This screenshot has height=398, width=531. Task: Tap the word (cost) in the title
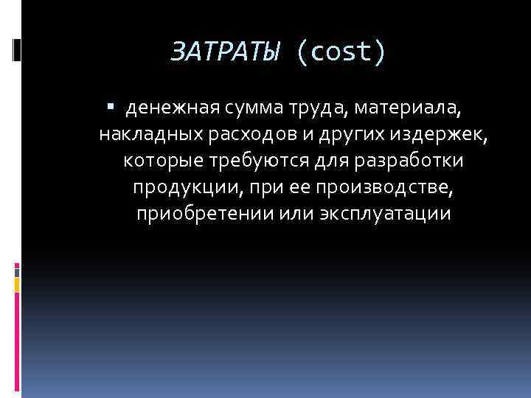[341, 53]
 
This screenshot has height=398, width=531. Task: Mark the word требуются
[254, 161]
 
